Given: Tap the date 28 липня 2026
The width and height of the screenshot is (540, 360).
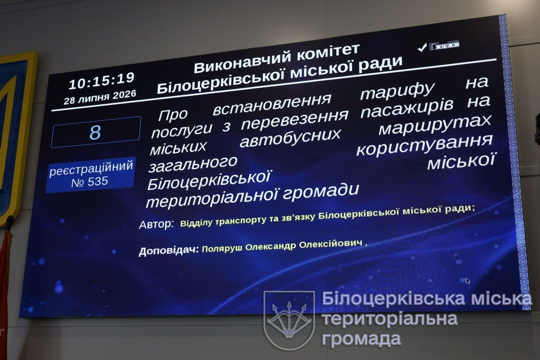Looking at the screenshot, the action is pos(100,97).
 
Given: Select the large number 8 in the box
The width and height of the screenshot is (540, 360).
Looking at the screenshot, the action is pos(95,133).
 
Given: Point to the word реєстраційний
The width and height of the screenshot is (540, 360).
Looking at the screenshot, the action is pos(91,168).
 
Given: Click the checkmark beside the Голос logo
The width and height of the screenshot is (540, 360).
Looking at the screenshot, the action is pos(422,48).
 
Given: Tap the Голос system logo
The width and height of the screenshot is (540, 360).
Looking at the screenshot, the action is pos(444,45).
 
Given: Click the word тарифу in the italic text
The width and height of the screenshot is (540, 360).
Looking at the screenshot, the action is pos(397,92).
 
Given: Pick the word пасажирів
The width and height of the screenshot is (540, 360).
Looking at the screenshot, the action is pos(407,109).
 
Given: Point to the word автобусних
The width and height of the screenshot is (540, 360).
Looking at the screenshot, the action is pos(290,138).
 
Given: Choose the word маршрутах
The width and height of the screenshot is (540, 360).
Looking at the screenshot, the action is pos(435,125).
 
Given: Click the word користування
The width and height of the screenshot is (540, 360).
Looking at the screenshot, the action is pos(424,145).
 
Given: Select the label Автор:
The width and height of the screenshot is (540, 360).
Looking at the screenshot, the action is pos(157,225).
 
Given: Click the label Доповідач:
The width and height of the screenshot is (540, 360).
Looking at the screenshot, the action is pos(169,251).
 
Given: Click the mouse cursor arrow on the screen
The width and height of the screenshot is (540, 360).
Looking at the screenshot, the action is pos(468,281).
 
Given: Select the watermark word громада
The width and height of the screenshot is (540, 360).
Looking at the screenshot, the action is pos(362,338).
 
